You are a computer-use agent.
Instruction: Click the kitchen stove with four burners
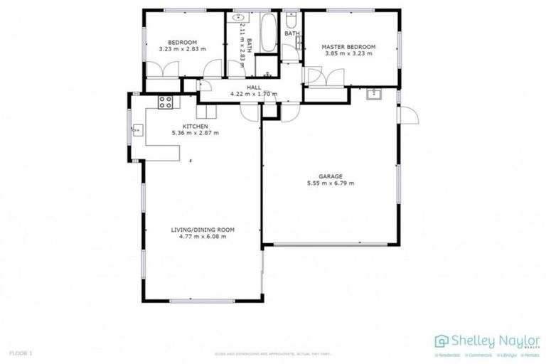166,102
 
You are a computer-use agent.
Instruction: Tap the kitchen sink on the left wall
136,129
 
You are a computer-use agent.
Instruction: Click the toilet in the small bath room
290,22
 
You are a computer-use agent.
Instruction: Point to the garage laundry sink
374,95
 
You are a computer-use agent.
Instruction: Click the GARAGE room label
331,176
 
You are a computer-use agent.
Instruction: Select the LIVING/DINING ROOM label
203,230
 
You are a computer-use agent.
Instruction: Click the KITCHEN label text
195,126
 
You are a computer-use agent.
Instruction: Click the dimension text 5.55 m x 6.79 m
331,183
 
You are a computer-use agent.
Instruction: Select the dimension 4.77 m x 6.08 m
203,237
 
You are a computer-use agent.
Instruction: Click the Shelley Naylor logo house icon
441,341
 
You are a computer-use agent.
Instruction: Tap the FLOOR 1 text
21,353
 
